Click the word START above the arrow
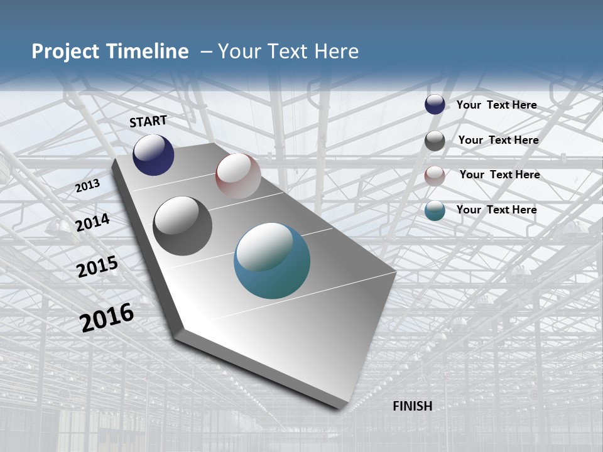pyautogui.click(x=148, y=121)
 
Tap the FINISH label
pyautogui.click(x=412, y=406)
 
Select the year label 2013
pyautogui.click(x=88, y=186)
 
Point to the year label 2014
pyautogui.click(x=93, y=222)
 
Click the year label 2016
pyautogui.click(x=107, y=317)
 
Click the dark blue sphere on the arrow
pyautogui.click(x=153, y=154)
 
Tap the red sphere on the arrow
pyautogui.click(x=238, y=176)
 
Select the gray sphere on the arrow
pyautogui.click(x=182, y=226)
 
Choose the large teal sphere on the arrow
pyautogui.click(x=272, y=261)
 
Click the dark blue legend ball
pyautogui.click(x=435, y=105)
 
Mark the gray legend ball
pyautogui.click(x=435, y=141)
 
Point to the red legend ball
pyautogui.click(x=435, y=176)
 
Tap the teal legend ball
pyautogui.click(x=435, y=211)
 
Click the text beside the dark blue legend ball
pyautogui.click(x=496, y=105)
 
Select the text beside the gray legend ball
pyautogui.click(x=498, y=140)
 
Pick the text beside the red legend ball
pyautogui.click(x=499, y=175)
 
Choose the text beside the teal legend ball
pyautogui.click(x=496, y=210)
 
